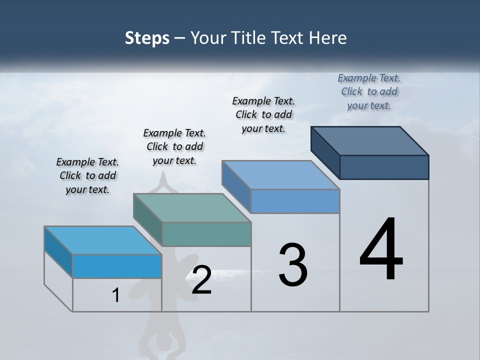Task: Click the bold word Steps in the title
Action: point(147,38)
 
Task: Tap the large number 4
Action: point(381,250)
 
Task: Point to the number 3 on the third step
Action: point(293,265)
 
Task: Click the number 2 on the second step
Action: point(201,280)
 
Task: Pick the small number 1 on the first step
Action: point(116,295)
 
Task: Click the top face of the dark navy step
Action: point(370,140)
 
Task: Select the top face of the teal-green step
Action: point(192,208)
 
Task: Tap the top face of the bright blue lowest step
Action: point(103,240)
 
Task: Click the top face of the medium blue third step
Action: point(280,175)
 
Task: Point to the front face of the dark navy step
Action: point(384,167)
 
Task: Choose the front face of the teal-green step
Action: point(206,234)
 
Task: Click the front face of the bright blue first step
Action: point(117,266)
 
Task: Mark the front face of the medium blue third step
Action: point(295,201)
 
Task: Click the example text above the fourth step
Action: point(369,91)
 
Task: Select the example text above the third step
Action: point(263,114)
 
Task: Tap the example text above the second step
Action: point(174,146)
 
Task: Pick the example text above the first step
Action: point(87,175)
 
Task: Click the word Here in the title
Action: point(330,38)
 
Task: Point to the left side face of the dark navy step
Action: point(325,152)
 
